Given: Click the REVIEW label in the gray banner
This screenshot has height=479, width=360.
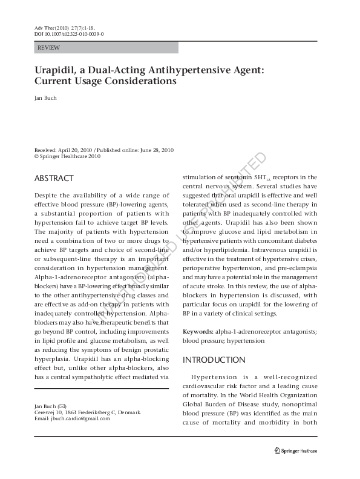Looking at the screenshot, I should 48,47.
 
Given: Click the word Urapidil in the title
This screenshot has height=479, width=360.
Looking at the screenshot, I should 59,70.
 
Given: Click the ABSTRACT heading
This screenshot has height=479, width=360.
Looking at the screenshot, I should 54,179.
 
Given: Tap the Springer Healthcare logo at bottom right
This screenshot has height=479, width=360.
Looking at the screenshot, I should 296,451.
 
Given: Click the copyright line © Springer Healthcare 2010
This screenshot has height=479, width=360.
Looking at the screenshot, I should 67,156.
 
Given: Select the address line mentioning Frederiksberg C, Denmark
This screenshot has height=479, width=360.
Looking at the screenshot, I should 88,412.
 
